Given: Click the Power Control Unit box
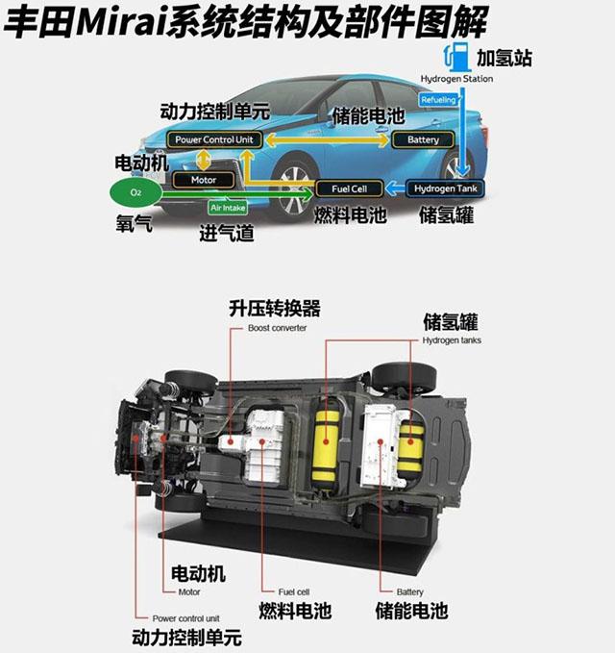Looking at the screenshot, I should pyautogui.click(x=214, y=140).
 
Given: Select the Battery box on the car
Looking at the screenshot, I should pyautogui.click(x=423, y=140).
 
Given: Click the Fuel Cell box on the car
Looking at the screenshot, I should pyautogui.click(x=350, y=188).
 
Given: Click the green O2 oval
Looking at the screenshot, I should pyautogui.click(x=135, y=192).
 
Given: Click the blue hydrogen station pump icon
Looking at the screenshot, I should pyautogui.click(x=451, y=55).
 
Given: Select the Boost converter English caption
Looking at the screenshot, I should pyautogui.click(x=277, y=328).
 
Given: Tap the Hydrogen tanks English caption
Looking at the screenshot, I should pyautogui.click(x=452, y=340).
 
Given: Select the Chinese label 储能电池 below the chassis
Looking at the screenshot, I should pyautogui.click(x=411, y=611).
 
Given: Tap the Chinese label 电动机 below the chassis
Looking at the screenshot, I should pyautogui.click(x=197, y=573).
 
